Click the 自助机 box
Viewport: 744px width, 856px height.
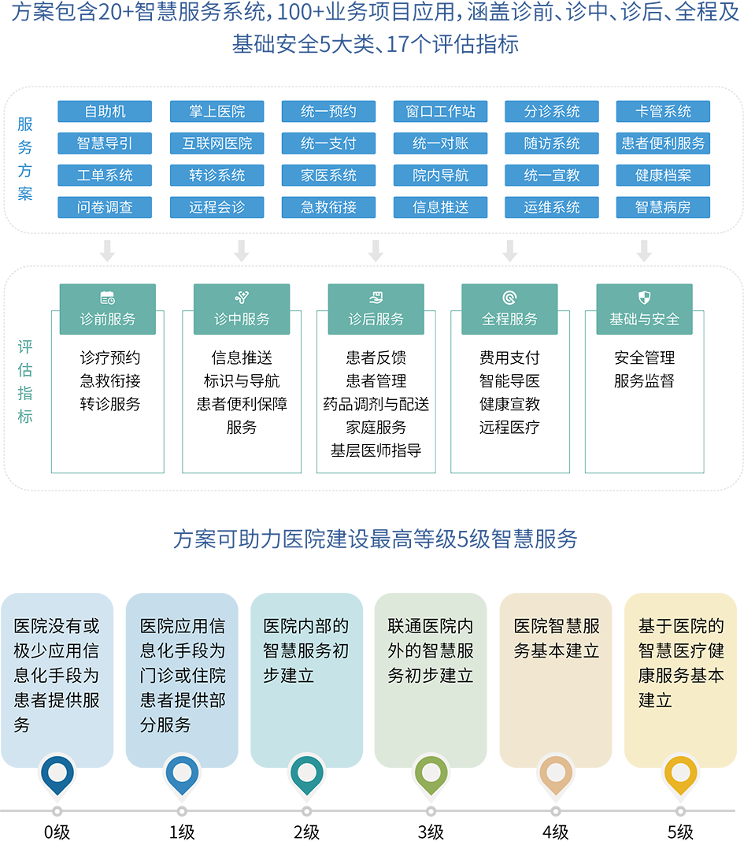click(105, 112)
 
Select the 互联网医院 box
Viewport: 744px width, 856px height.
click(217, 143)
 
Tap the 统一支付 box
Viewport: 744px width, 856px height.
click(328, 143)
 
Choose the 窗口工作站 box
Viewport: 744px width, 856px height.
click(440, 112)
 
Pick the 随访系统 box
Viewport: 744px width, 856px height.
click(552, 143)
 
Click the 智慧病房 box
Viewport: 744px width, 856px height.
click(663, 208)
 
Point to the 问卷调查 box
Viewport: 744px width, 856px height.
click(105, 208)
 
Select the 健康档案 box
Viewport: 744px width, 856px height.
click(663, 176)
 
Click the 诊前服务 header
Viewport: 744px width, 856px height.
click(108, 318)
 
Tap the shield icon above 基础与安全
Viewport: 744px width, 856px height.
click(644, 298)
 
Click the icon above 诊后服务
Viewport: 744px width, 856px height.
click(376, 298)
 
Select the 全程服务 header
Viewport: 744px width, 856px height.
click(509, 318)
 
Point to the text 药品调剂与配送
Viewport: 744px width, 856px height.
click(376, 404)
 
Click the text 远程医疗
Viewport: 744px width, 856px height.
click(509, 428)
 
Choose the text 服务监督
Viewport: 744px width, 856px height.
click(644, 381)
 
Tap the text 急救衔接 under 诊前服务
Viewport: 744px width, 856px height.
click(110, 381)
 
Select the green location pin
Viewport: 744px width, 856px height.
click(431, 773)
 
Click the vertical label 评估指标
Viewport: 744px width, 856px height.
click(25, 382)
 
